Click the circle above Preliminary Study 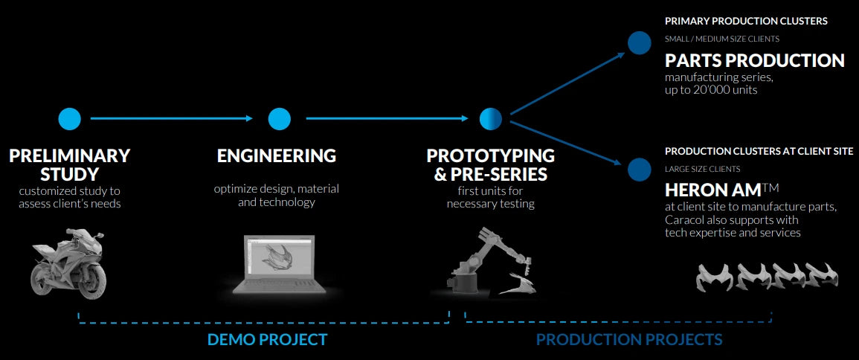click(69, 118)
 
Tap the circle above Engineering click(279, 118)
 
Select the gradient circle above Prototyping click(491, 118)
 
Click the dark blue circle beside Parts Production click(639, 43)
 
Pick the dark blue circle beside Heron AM click(639, 170)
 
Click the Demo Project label click(267, 340)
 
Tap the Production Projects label click(629, 340)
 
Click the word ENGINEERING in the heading click(277, 156)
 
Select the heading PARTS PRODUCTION click(754, 60)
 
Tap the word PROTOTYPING click(491, 156)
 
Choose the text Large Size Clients click(702, 169)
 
